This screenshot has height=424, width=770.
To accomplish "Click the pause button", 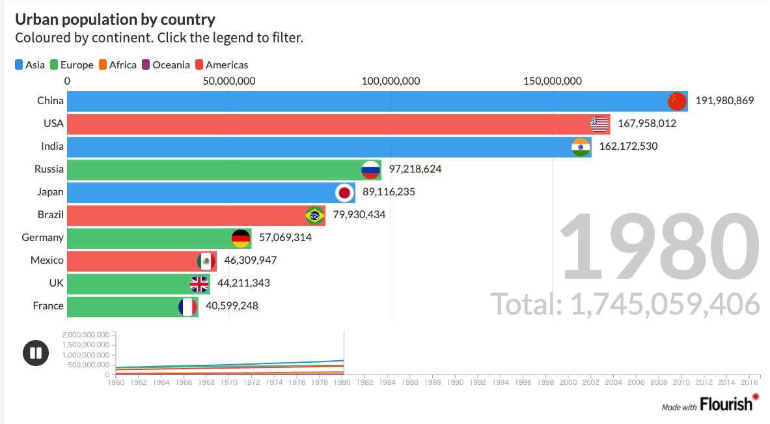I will (35, 353).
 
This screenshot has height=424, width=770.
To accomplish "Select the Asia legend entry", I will (30, 64).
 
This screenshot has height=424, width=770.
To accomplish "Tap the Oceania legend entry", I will (166, 64).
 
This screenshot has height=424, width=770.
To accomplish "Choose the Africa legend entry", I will (118, 64).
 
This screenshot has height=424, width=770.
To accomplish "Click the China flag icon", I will (677, 101).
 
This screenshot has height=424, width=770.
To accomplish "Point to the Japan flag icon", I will (344, 192).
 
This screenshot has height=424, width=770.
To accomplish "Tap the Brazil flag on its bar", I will (314, 215).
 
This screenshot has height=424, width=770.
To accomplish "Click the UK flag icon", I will (199, 283).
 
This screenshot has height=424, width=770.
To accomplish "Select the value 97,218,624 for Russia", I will (415, 169).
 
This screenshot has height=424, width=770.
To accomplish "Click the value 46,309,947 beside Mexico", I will (251, 261).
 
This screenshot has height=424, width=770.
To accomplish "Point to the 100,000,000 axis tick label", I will (391, 81).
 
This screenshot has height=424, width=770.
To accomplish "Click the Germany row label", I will (42, 238).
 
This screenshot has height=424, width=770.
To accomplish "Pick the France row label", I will (48, 306).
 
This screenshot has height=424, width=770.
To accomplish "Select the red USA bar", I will (325, 124).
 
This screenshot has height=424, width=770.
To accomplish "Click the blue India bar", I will (312, 147).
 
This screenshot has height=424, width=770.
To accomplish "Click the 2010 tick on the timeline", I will (681, 382).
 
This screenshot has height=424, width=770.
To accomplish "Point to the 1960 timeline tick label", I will (116, 382).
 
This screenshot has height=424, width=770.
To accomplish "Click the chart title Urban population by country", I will (115, 20).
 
